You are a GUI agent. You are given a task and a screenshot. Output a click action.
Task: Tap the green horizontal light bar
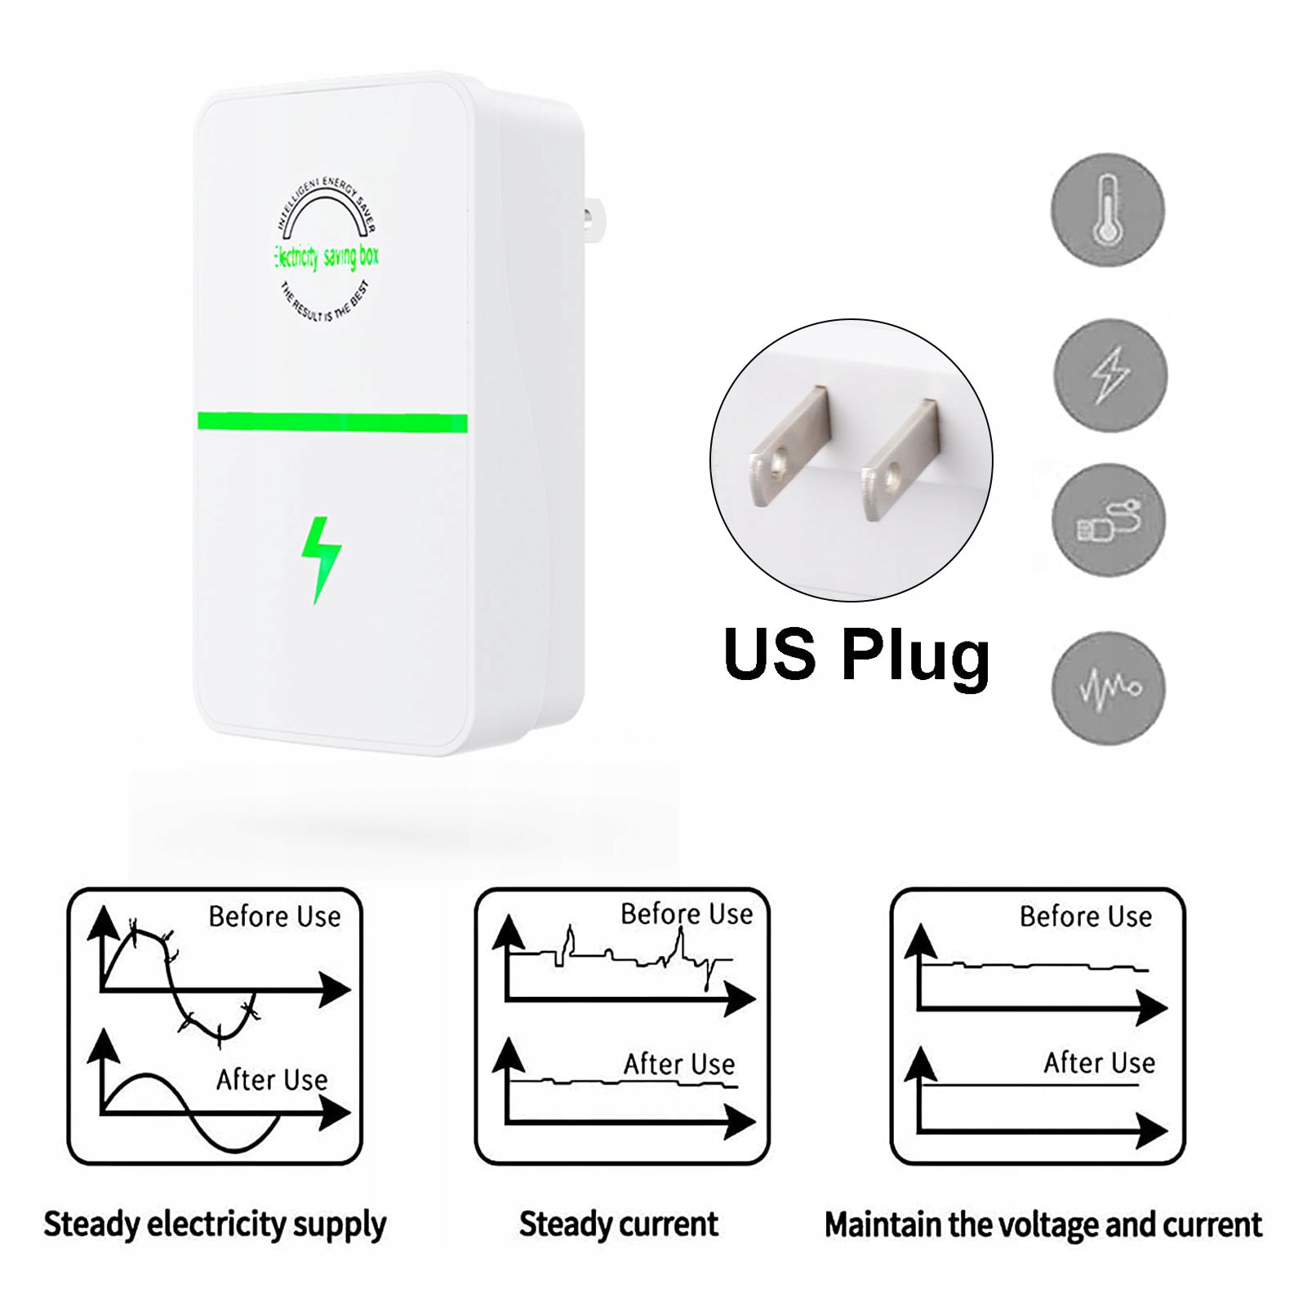click(332, 422)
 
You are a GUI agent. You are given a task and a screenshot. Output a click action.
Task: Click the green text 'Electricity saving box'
click(327, 256)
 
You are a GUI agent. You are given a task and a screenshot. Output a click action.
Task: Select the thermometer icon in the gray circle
click(1107, 210)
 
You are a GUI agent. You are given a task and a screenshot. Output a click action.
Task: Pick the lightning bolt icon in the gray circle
click(1110, 375)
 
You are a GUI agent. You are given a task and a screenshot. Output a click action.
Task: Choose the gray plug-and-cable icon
click(1108, 520)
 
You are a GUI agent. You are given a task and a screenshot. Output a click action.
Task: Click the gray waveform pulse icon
click(1109, 687)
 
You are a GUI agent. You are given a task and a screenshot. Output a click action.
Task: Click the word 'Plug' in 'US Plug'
click(915, 655)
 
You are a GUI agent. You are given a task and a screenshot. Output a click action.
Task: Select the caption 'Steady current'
click(618, 1225)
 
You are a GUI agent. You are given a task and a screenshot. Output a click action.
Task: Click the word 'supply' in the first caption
click(339, 1225)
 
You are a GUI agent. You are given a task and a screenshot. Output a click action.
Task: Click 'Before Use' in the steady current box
click(687, 914)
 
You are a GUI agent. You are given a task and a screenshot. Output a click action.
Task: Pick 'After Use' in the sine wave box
click(272, 1080)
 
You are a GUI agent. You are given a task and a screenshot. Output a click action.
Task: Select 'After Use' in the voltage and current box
click(1099, 1063)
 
